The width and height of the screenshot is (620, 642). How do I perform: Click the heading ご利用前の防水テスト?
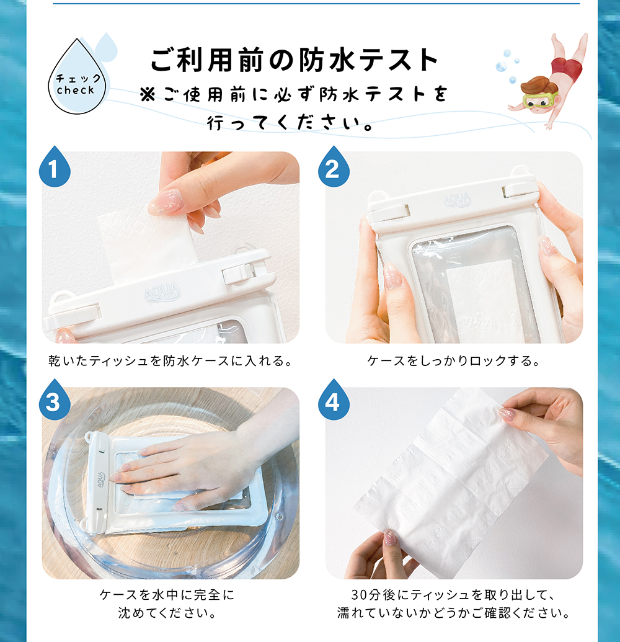(x=294, y=60)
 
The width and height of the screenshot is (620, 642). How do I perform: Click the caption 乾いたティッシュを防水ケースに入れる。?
(x=170, y=361)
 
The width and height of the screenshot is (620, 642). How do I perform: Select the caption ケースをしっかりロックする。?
(x=454, y=361)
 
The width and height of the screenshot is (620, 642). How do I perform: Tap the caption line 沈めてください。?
(x=167, y=613)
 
